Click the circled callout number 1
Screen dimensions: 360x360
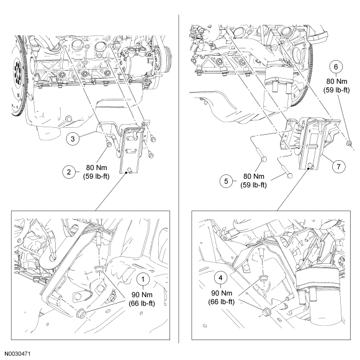point(143,279)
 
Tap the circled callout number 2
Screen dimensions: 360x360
point(69,172)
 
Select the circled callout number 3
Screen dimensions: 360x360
point(73,138)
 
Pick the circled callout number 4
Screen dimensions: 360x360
point(220,278)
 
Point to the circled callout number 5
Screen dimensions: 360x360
point(226,181)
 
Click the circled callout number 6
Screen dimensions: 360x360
point(336,67)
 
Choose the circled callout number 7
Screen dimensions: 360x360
point(339,166)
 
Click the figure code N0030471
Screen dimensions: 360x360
point(17,354)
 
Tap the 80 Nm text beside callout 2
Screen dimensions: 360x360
point(96,168)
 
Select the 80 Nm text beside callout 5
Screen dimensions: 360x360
point(254,176)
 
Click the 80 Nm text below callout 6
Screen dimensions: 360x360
point(337,81)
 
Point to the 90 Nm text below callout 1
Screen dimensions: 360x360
point(142,295)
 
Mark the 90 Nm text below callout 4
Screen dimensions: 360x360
point(222,293)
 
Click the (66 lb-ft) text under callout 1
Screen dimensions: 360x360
point(142,304)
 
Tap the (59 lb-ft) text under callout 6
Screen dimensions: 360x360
point(336,90)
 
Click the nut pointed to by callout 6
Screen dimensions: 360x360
point(349,144)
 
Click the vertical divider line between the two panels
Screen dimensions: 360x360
point(179,179)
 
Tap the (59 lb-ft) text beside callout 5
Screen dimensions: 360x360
point(253,185)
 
